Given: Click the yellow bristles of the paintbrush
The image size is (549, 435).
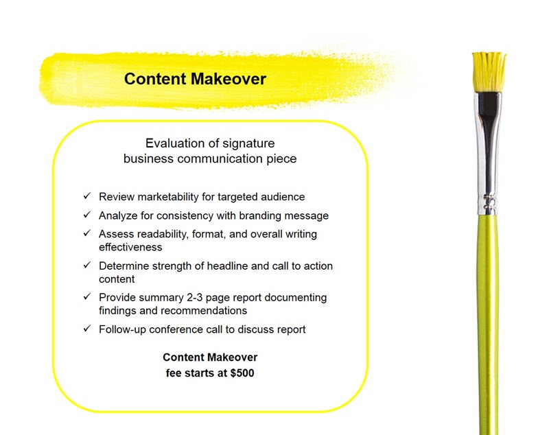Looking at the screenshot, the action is click(x=489, y=72).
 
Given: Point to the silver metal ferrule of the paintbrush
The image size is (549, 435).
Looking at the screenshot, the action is click(x=488, y=154).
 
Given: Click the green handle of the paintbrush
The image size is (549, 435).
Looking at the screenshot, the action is click(x=488, y=325).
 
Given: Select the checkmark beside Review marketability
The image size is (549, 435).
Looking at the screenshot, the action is click(x=87, y=196).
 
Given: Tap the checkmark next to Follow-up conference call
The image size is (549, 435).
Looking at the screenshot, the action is click(x=87, y=328).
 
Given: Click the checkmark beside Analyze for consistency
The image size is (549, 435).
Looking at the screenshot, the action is click(x=87, y=215).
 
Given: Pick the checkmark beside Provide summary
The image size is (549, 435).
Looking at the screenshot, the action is click(x=87, y=296).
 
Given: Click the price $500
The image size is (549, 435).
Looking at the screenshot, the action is click(x=242, y=373).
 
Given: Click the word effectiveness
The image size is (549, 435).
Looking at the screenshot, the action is click(x=130, y=248).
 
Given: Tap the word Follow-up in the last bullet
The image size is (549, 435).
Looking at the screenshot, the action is click(x=123, y=329).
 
